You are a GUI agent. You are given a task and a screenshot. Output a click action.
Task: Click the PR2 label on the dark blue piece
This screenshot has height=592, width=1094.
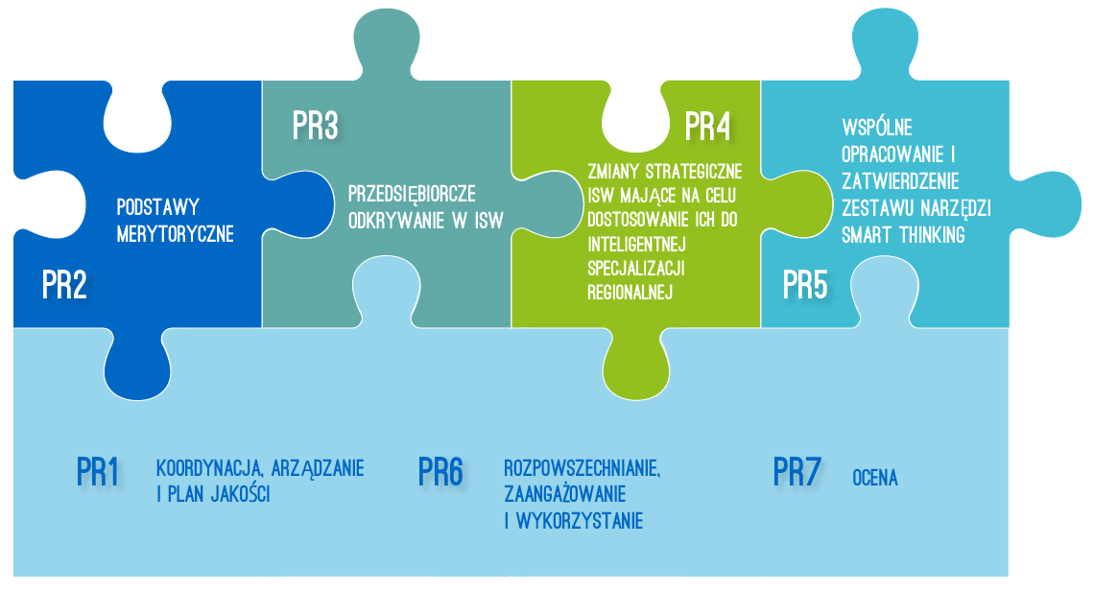[64, 285]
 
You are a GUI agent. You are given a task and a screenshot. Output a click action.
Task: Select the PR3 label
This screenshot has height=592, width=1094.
[316, 126]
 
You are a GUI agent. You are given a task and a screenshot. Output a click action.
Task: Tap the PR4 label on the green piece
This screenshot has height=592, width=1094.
[707, 127]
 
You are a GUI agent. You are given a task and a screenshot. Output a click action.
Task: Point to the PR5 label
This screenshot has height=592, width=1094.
[805, 285]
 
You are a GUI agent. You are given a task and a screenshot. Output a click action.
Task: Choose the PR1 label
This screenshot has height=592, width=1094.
[98, 472]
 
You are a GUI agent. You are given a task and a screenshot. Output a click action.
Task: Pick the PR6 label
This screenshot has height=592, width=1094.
[440, 472]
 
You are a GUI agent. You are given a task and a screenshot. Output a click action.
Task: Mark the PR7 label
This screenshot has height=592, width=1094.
[797, 472]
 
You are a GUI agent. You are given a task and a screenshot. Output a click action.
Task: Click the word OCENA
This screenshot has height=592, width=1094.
[875, 478]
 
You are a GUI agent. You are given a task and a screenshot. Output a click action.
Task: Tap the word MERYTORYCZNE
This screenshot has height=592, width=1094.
[175, 233]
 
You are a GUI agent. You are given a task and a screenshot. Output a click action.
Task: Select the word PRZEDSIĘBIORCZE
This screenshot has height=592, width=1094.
[412, 194]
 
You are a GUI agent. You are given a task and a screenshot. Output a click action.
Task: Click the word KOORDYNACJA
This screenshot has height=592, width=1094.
[209, 468]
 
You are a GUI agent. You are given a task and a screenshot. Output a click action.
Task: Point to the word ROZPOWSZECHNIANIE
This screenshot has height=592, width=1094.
[582, 468]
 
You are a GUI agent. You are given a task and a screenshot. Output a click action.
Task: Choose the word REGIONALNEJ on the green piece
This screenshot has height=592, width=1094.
[630, 293]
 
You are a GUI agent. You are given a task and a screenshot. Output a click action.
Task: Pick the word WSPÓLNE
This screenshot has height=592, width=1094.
[877, 127]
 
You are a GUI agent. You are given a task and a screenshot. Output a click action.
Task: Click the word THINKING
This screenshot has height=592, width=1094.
[932, 235]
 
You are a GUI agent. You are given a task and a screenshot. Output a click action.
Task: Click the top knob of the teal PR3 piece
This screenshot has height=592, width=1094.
[387, 42]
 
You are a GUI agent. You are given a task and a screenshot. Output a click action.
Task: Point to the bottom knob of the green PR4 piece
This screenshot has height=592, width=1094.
[635, 367]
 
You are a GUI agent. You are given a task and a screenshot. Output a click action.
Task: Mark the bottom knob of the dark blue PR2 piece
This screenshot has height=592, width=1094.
[137, 367]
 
